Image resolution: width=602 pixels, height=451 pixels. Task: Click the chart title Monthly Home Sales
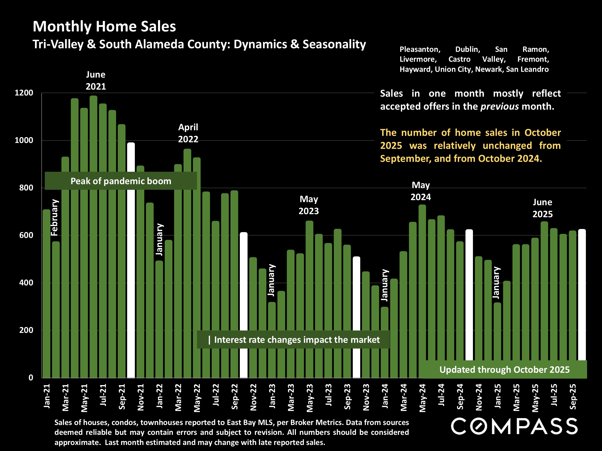pos(104,26)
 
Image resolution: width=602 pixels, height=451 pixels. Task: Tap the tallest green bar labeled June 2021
pos(93,136)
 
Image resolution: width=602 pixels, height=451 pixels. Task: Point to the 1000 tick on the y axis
pos(24,140)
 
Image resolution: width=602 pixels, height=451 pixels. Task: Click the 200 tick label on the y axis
pos(26,330)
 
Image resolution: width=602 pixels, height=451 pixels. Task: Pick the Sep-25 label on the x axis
pos(573,396)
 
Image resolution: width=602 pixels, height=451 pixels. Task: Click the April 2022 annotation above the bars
pos(188,133)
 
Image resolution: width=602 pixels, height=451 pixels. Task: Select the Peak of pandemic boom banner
pos(121,181)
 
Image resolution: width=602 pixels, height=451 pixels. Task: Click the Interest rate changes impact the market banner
pos(293,340)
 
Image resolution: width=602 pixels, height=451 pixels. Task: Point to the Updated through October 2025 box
pos(504,370)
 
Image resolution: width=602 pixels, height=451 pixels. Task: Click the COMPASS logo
pos(514,426)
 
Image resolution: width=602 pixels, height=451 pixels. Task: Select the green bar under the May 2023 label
pos(309,272)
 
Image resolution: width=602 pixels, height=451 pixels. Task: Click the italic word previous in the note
pos(499,106)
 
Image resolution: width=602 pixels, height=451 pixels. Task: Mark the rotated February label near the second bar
pos(55,217)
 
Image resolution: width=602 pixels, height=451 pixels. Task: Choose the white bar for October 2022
pos(244,280)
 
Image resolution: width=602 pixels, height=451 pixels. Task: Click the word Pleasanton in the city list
pos(420,50)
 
